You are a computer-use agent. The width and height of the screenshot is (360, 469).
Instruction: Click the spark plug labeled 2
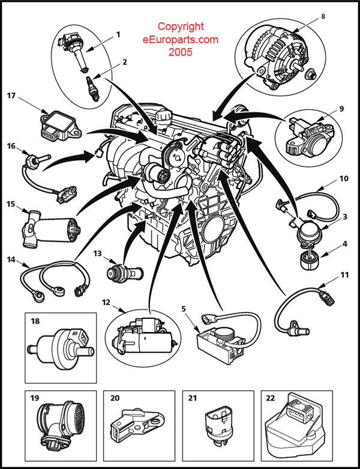[92, 89]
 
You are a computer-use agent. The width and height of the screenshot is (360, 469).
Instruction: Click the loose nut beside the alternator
[310, 75]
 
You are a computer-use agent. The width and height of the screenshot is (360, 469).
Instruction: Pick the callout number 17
[11, 95]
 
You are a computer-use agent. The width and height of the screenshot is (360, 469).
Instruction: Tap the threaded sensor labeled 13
[125, 273]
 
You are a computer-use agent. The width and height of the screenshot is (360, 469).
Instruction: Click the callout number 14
[11, 259]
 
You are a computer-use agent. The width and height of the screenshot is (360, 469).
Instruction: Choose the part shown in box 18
[61, 348]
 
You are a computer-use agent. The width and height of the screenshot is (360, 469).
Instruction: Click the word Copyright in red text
[181, 26]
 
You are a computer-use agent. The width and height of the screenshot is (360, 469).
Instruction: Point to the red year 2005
[181, 52]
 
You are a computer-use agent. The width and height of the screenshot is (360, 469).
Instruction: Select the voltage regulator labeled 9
[310, 137]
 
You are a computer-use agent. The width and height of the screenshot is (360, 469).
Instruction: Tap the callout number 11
[345, 274]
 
